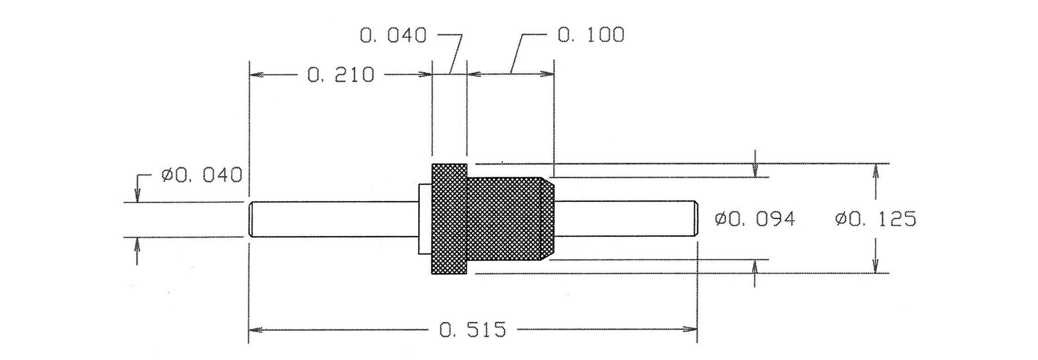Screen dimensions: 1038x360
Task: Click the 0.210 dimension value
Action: (x=340, y=75)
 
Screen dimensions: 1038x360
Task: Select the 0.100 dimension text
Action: (x=591, y=35)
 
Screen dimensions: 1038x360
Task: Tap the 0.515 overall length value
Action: (x=473, y=330)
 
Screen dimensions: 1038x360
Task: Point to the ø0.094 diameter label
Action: (x=755, y=219)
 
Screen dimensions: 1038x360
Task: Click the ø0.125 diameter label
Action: (x=876, y=219)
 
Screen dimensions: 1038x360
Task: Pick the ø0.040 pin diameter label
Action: (x=202, y=175)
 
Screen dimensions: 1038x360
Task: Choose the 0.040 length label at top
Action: (x=393, y=36)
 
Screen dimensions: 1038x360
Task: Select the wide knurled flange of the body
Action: (x=449, y=219)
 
